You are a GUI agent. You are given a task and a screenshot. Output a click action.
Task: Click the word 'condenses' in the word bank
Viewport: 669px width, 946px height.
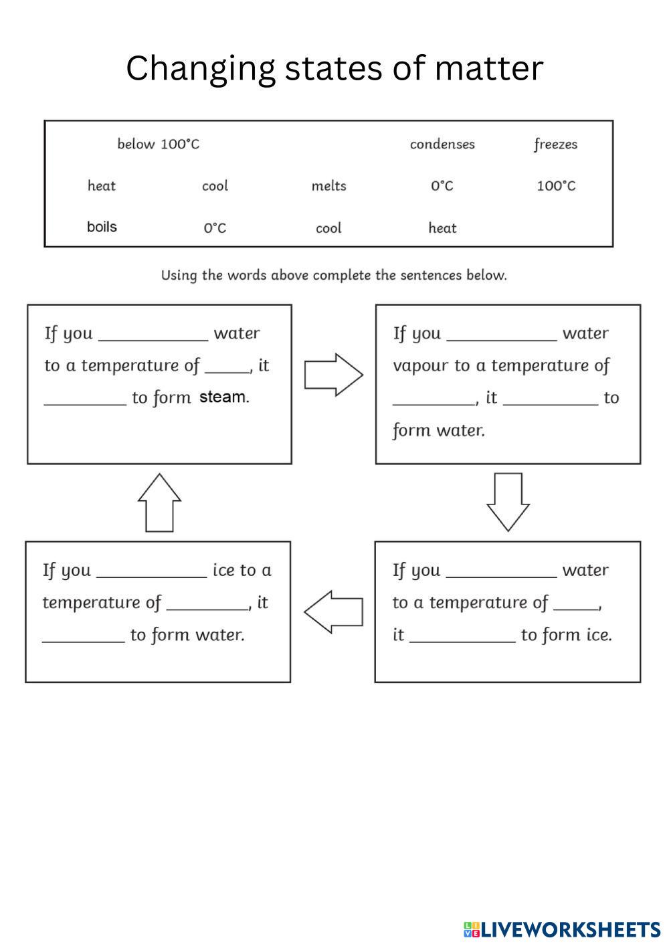tap(442, 144)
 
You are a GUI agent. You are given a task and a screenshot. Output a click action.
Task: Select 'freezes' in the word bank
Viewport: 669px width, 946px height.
tap(555, 144)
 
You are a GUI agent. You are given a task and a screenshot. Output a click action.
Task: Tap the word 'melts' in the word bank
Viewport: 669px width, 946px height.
tap(328, 186)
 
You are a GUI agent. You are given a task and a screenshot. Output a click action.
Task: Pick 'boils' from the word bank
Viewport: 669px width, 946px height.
tap(102, 227)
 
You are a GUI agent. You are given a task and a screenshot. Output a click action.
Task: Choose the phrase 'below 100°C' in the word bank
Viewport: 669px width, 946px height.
tap(158, 144)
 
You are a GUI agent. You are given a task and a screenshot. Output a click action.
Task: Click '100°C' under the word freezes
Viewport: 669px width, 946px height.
tap(556, 186)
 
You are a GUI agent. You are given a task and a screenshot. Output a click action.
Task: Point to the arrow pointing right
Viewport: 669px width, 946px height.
tap(333, 375)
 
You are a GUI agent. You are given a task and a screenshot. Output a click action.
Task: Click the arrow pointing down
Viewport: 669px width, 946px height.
tap(508, 501)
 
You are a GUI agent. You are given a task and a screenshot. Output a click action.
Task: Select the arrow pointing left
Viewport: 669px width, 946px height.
tap(333, 611)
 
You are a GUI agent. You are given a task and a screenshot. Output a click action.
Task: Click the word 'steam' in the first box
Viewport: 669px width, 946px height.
tap(223, 397)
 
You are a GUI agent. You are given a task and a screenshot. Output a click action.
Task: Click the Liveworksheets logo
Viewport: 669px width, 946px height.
tap(561, 929)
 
